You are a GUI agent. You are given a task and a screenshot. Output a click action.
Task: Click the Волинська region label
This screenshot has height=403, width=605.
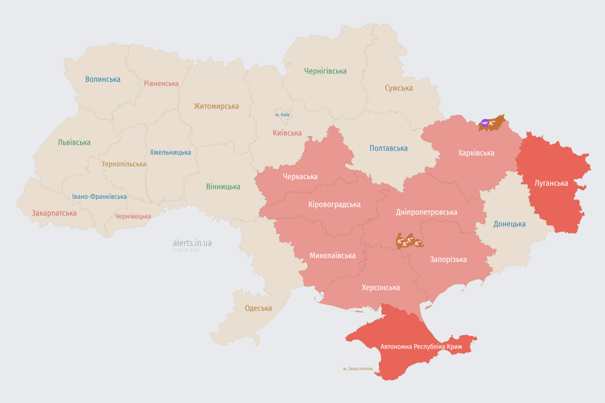tap(103, 79)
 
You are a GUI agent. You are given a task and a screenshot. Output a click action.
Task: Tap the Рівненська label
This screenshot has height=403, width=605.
tap(161, 83)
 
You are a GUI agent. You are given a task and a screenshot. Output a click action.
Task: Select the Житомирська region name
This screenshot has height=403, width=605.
tap(216, 106)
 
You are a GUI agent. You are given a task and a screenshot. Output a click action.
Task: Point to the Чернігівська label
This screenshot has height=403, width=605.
tap(325, 71)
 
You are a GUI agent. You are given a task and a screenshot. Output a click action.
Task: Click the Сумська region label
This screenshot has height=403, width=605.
tap(399, 88)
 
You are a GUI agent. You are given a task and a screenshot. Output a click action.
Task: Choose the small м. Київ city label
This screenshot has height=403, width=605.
tap(283, 114)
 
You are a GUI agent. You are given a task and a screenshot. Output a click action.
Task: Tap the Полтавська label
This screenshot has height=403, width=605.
tap(389, 148)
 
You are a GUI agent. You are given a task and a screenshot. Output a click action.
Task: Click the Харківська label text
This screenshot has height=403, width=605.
tap(476, 153)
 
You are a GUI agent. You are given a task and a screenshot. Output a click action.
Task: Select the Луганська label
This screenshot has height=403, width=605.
tap(551, 183)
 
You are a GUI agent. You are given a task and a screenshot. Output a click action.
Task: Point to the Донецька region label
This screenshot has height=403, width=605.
tap(509, 224)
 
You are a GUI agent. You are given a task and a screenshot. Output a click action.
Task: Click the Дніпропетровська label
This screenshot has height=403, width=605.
tap(426, 212)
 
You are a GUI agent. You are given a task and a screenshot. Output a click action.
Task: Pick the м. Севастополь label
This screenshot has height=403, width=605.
tap(358, 369)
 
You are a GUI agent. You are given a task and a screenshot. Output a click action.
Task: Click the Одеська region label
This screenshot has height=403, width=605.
tap(258, 308)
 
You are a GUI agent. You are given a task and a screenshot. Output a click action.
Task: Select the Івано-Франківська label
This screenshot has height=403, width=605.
tap(99, 197)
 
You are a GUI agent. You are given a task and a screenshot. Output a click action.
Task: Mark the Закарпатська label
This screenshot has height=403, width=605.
tap(54, 213)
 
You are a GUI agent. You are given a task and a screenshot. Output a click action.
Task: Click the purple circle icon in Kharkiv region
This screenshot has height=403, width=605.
tap(484, 123)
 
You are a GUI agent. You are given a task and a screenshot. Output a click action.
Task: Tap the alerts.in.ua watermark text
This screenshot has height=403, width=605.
tap(192, 243)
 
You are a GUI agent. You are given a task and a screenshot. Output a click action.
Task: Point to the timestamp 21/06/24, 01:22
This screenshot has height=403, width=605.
tap(185, 250)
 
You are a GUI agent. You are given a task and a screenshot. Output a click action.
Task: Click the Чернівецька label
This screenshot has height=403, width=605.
tap(133, 216)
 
